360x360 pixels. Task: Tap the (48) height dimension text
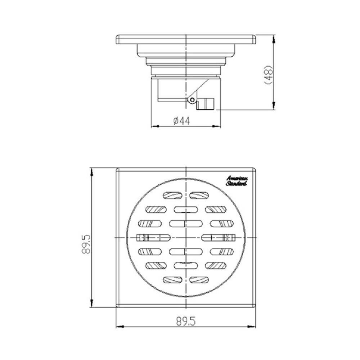pos(268,75)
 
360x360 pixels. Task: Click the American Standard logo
pos(237,181)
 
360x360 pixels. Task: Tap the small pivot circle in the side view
pos(192,100)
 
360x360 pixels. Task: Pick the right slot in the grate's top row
pos(199,195)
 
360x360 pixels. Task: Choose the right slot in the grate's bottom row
pos(199,279)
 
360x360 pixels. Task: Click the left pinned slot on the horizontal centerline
pos(153,238)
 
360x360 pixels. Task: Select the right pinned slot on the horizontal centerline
pos(218,238)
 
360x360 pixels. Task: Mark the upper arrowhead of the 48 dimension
pos(274,38)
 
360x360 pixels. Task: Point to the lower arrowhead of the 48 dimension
pos(274,106)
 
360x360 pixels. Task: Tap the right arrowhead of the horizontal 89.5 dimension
pos(253,327)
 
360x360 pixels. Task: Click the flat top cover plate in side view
pos(186,39)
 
